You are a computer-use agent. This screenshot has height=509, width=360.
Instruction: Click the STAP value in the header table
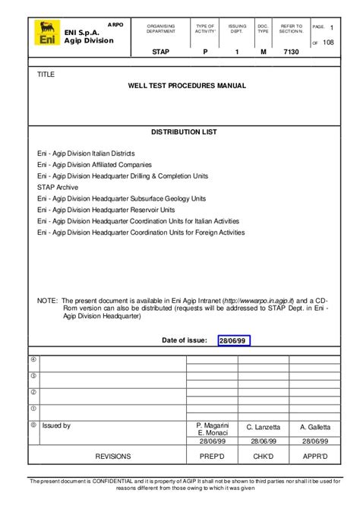point(160,53)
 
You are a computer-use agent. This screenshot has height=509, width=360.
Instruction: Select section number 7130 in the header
point(290,53)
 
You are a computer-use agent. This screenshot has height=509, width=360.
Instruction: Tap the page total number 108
point(328,43)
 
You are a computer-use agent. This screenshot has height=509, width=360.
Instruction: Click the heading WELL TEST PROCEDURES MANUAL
point(187,86)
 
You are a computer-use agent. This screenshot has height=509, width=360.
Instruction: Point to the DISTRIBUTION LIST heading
point(184,132)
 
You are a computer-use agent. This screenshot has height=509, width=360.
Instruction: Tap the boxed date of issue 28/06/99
point(232,340)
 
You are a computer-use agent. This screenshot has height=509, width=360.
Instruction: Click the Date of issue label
point(185,340)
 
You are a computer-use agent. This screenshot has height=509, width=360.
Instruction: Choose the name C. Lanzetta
point(264,428)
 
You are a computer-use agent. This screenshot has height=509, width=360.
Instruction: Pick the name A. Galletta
point(315,428)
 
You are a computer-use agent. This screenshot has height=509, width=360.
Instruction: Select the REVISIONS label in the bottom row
point(112,456)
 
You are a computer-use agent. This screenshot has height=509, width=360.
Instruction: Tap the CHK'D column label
point(264,456)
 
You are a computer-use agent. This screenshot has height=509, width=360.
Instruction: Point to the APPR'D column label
point(315,456)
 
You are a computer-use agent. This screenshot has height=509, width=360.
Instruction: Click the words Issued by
point(56,426)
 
